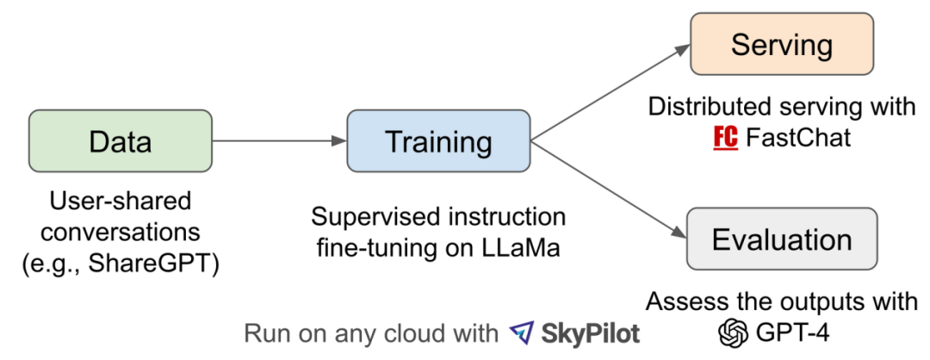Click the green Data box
(x=120, y=141)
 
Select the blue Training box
(x=438, y=141)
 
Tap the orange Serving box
(x=782, y=45)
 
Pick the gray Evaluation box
(x=781, y=238)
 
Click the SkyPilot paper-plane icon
(x=521, y=332)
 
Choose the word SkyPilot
(x=592, y=332)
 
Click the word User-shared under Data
(x=120, y=202)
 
